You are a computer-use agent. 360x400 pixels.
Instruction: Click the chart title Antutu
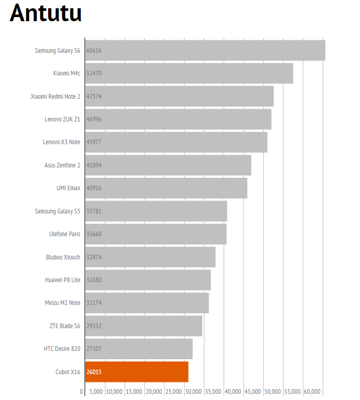46,13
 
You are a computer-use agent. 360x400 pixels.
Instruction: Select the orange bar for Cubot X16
137,372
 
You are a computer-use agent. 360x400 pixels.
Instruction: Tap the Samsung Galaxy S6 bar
205,51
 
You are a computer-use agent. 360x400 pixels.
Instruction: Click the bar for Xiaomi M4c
189,73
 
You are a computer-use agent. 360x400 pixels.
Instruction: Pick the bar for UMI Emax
167,188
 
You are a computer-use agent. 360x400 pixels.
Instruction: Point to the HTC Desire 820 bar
139,349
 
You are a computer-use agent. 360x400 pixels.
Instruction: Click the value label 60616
94,51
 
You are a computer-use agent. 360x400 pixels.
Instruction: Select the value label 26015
94,372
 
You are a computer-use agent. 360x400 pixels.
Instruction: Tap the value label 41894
94,165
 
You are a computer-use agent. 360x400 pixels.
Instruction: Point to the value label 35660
94,234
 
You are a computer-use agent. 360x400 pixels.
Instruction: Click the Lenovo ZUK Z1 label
62,119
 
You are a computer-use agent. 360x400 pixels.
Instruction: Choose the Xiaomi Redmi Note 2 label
55,97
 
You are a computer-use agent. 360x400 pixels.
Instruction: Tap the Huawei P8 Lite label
62,280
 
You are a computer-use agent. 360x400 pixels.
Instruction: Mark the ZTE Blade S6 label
64,326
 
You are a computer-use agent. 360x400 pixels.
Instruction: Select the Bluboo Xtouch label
63,257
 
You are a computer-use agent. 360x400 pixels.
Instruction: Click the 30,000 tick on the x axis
193,392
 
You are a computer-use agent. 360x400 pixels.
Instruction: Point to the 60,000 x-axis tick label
312,392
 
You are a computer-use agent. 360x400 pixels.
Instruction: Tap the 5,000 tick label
96,392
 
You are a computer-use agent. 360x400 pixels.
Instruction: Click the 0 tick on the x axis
82,392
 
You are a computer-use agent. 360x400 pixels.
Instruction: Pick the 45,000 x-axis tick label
252,392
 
